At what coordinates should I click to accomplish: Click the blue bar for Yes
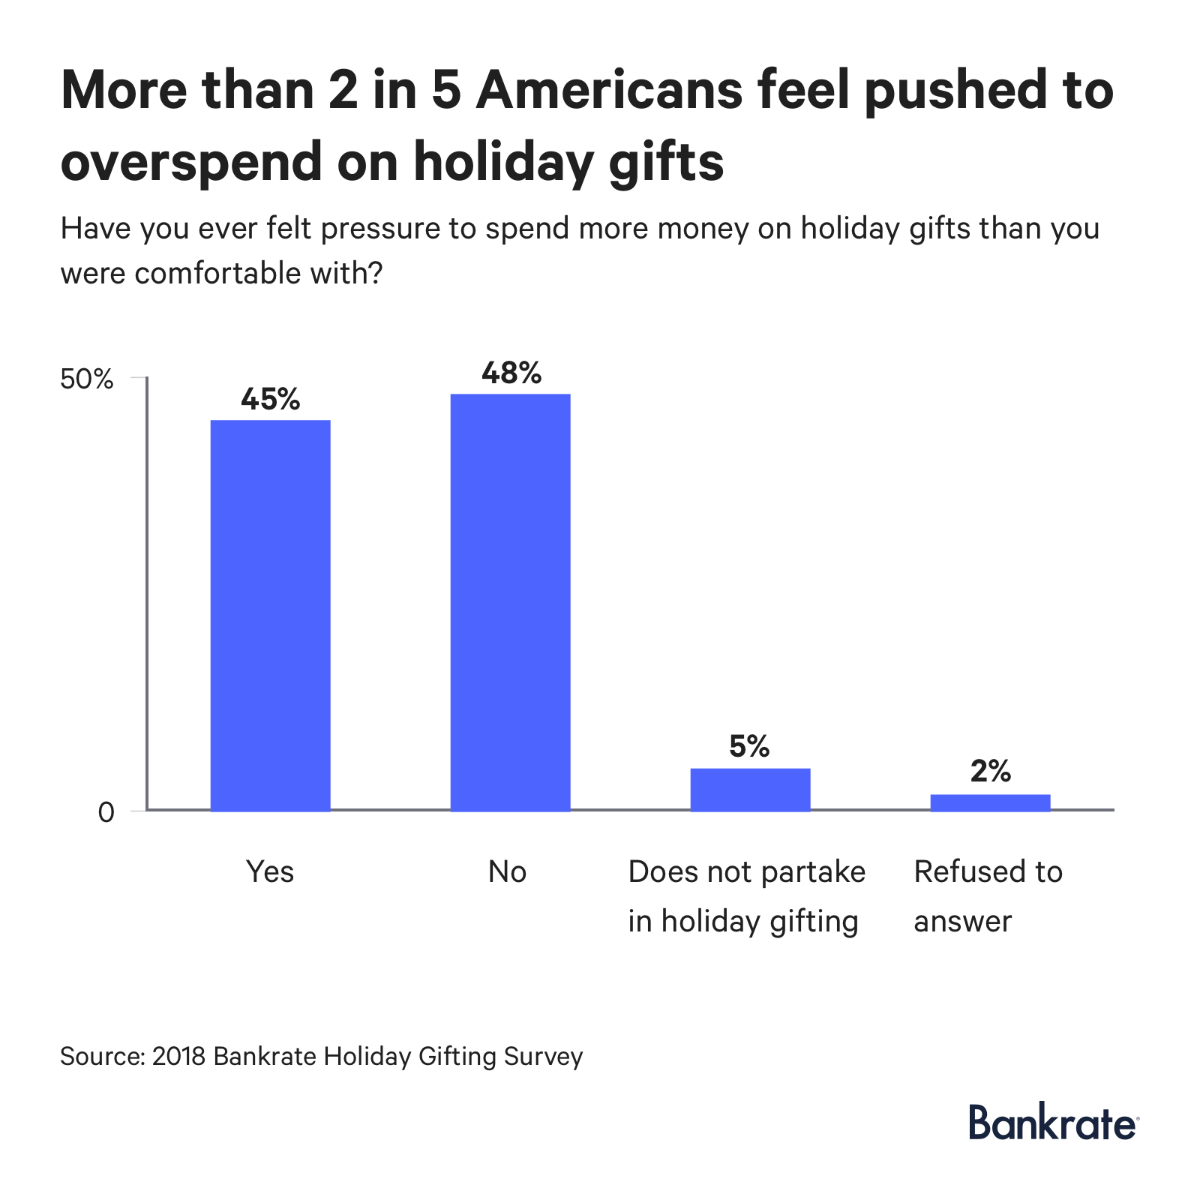click(x=270, y=615)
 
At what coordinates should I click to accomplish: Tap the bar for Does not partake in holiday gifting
click(x=750, y=789)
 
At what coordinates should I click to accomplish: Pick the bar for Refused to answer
click(x=990, y=802)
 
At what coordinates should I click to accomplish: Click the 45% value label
click(x=270, y=399)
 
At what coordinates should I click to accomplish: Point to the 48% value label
click(x=511, y=373)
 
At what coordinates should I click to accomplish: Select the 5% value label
click(x=749, y=746)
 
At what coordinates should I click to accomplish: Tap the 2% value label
click(x=990, y=771)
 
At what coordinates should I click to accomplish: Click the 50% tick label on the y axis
click(x=86, y=379)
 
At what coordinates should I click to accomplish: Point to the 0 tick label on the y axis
click(x=106, y=811)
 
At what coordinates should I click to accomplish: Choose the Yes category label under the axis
click(x=270, y=872)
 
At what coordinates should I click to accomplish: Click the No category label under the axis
click(x=507, y=872)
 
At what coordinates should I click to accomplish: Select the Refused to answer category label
click(x=988, y=896)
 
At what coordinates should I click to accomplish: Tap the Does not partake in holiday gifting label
click(x=746, y=896)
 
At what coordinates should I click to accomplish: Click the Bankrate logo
click(x=1053, y=1123)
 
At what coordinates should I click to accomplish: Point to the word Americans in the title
click(x=608, y=90)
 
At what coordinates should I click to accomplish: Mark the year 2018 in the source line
click(x=178, y=1056)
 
